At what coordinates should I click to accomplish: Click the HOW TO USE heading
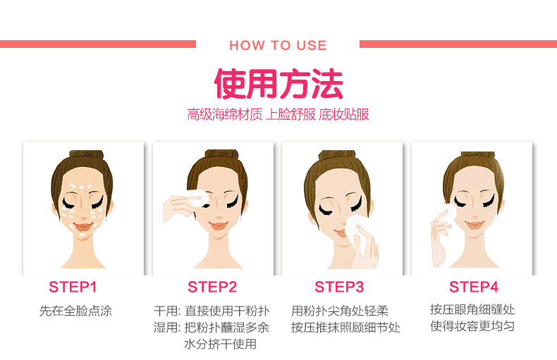278,46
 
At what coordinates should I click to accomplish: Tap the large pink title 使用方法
278,84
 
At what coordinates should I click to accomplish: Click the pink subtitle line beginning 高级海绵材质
278,114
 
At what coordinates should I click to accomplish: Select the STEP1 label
73,287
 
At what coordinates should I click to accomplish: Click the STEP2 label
212,287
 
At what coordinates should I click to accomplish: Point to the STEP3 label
339,287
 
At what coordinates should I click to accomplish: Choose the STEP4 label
474,287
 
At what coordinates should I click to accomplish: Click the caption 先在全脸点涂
75,311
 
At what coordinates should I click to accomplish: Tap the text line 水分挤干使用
220,344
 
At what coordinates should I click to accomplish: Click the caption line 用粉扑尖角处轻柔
340,311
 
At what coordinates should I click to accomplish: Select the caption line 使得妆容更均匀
472,325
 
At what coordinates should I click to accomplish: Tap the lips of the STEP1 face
82,226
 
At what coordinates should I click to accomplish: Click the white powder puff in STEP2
198,198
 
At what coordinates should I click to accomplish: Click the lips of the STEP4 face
475,225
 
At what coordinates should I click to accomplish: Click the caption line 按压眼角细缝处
472,309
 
